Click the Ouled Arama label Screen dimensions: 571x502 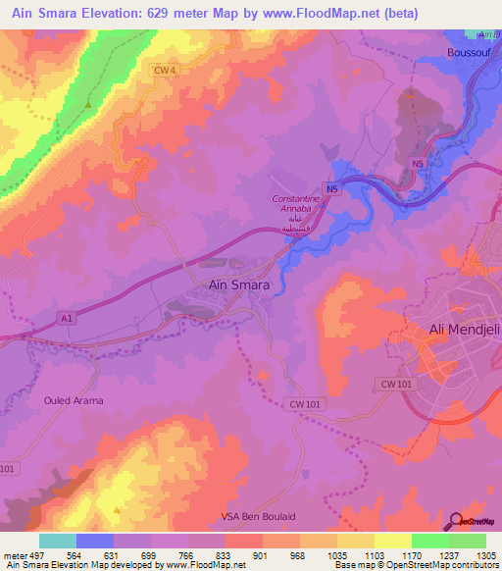click(x=74, y=400)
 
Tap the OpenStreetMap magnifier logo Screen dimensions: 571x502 click(x=458, y=521)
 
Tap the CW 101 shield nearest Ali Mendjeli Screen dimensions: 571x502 click(x=396, y=386)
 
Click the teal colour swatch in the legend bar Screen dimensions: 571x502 click(x=58, y=541)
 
